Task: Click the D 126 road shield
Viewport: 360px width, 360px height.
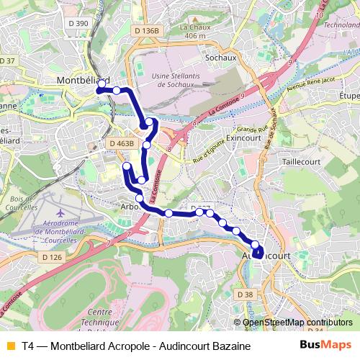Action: pos(53,257)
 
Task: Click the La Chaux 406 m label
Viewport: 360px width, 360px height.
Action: pos(194,30)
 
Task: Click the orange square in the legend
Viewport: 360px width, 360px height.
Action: pos(10,346)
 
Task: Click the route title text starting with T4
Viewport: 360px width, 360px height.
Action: pos(136,346)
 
